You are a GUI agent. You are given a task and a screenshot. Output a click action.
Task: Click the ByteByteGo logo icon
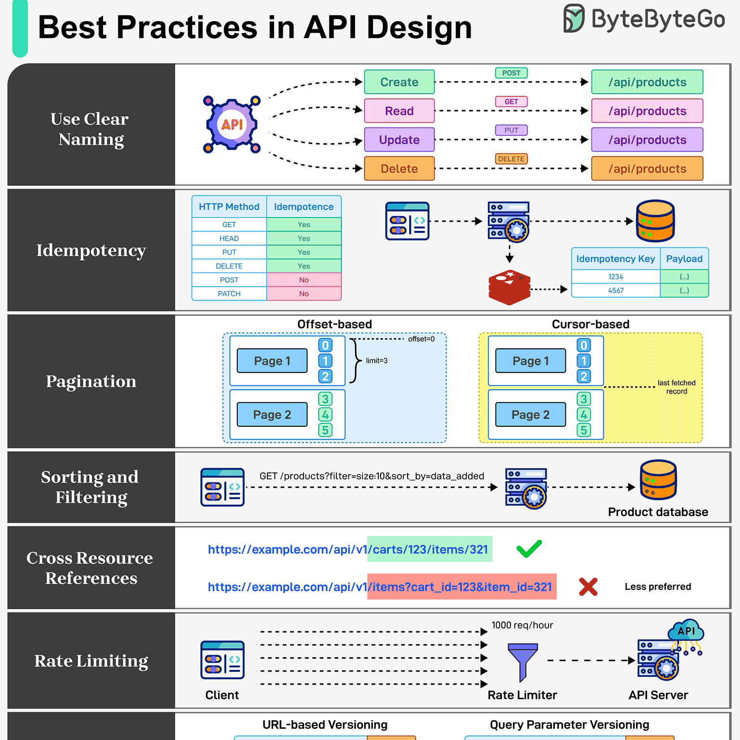click(x=574, y=18)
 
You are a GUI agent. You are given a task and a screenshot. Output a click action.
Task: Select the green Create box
click(x=399, y=82)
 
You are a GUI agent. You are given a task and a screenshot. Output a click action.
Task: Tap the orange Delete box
click(x=399, y=168)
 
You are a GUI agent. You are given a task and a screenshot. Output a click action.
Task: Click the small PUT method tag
click(x=511, y=130)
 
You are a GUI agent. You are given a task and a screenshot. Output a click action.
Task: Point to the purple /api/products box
click(x=647, y=140)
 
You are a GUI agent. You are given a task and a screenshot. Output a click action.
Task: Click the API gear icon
click(x=232, y=124)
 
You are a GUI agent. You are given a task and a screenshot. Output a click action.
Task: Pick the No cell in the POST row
click(x=304, y=280)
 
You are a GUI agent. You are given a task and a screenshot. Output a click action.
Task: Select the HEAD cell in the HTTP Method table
click(x=229, y=238)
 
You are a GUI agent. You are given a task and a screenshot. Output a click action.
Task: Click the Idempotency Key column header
click(x=615, y=259)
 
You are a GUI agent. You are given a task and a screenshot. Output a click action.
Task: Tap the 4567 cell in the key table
click(x=615, y=291)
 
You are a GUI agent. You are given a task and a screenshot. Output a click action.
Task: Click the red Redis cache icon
click(x=510, y=287)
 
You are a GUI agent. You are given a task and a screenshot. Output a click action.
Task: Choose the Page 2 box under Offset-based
click(x=272, y=415)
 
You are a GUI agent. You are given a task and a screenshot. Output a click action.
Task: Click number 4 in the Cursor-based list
click(x=584, y=415)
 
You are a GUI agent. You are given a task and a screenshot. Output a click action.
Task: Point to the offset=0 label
click(x=421, y=339)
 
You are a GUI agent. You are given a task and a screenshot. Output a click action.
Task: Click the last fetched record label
click(x=676, y=387)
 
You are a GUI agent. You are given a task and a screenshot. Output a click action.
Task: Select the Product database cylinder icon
click(x=658, y=480)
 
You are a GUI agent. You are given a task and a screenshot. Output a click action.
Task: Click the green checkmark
click(x=529, y=549)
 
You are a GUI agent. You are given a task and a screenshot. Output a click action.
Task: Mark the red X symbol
click(x=588, y=587)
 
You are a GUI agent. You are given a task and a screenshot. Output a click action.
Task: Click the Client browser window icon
click(x=222, y=660)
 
